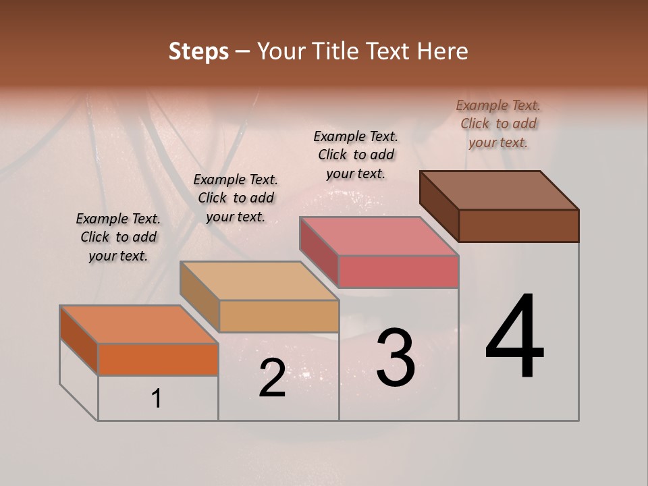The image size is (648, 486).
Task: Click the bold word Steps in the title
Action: [198, 51]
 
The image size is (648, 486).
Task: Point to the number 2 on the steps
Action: [272, 378]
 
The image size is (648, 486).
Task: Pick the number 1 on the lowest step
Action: [157, 399]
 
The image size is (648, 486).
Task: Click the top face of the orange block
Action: [138, 325]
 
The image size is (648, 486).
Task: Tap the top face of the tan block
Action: [259, 281]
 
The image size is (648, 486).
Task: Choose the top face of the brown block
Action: [500, 190]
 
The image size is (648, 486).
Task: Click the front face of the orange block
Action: [158, 359]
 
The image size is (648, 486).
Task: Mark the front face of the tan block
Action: [279, 316]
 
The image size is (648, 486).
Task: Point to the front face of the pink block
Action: [398, 272]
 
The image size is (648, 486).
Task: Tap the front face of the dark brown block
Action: [518, 225]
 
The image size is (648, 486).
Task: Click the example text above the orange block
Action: [118, 237]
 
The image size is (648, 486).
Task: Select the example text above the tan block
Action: [236, 198]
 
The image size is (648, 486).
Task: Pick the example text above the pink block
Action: [356, 155]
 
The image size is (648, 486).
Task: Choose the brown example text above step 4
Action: [498, 124]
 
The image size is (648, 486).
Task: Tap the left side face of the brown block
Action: [439, 206]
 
